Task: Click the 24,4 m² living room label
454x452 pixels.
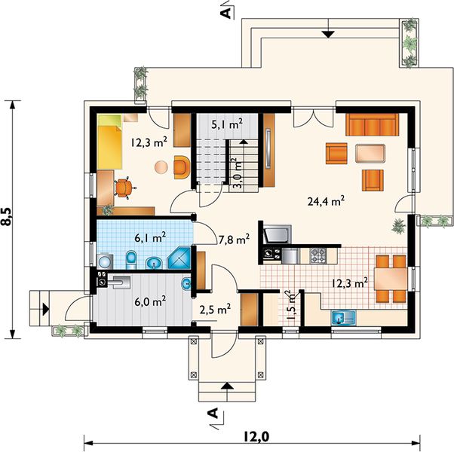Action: pyautogui.click(x=326, y=201)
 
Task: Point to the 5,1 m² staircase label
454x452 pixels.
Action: pyautogui.click(x=227, y=124)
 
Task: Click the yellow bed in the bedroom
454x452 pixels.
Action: pyautogui.click(x=109, y=142)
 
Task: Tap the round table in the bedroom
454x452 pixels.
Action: pyautogui.click(x=161, y=167)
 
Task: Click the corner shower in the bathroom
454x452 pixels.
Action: pyautogui.click(x=179, y=258)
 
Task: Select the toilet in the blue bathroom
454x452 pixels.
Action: pyautogui.click(x=131, y=260)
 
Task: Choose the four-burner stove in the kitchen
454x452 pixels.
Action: pyautogui.click(x=318, y=255)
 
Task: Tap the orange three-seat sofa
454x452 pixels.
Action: pyautogui.click(x=372, y=124)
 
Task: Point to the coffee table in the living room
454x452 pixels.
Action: pyautogui.click(x=370, y=154)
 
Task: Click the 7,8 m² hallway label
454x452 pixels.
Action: pyautogui.click(x=234, y=240)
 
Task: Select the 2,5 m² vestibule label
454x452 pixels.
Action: pyautogui.click(x=215, y=309)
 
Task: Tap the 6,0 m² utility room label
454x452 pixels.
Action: pyautogui.click(x=150, y=301)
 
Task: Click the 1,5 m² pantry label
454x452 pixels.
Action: pyautogui.click(x=293, y=305)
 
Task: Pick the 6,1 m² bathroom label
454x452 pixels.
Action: pyautogui.click(x=150, y=237)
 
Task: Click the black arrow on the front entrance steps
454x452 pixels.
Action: pyautogui.click(x=227, y=385)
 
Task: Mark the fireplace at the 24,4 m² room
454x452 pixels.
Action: pyautogui.click(x=276, y=234)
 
